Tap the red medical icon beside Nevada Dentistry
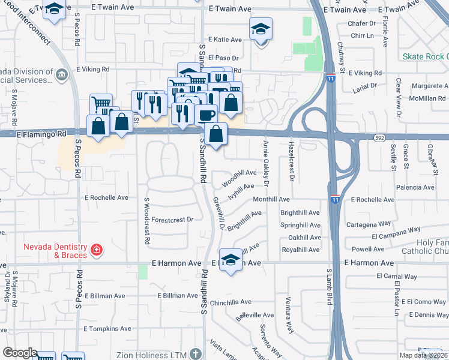point(96,249)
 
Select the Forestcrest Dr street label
point(172,220)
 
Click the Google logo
point(20,353)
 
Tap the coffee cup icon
point(206,113)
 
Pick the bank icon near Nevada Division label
point(61,74)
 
